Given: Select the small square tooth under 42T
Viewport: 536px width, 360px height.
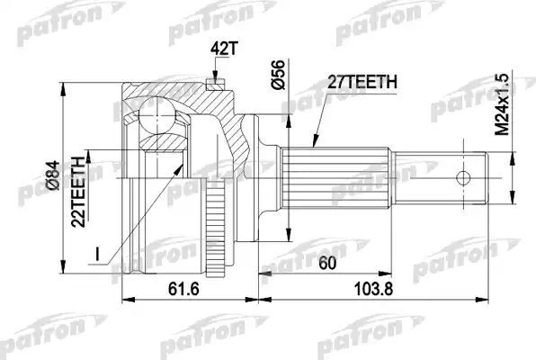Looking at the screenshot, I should pyautogui.click(x=213, y=85).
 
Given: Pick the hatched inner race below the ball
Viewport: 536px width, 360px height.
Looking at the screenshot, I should pyautogui.click(x=162, y=144).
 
